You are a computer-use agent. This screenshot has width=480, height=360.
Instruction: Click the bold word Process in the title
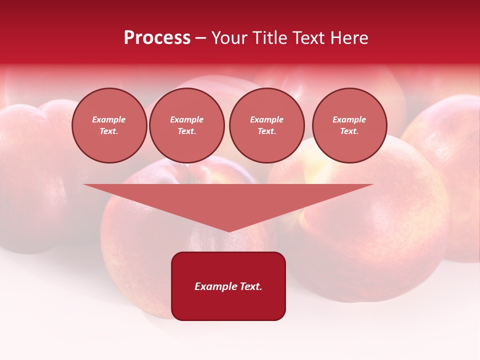pyautogui.click(x=157, y=38)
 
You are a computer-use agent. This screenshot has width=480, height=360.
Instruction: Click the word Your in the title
pyautogui.click(x=229, y=38)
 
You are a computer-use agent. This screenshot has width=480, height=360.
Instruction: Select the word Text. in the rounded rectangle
pyautogui.click(x=251, y=286)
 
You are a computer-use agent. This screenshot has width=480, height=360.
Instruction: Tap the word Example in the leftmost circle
pyautogui.click(x=109, y=119)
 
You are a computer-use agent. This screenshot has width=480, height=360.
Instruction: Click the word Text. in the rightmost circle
pyautogui.click(x=349, y=131)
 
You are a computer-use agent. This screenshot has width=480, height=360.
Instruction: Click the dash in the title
pyautogui.click(x=200, y=38)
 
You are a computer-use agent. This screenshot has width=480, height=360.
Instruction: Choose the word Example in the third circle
pyautogui.click(x=266, y=119)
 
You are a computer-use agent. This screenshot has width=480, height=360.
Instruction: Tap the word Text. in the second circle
pyautogui.click(x=186, y=131)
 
